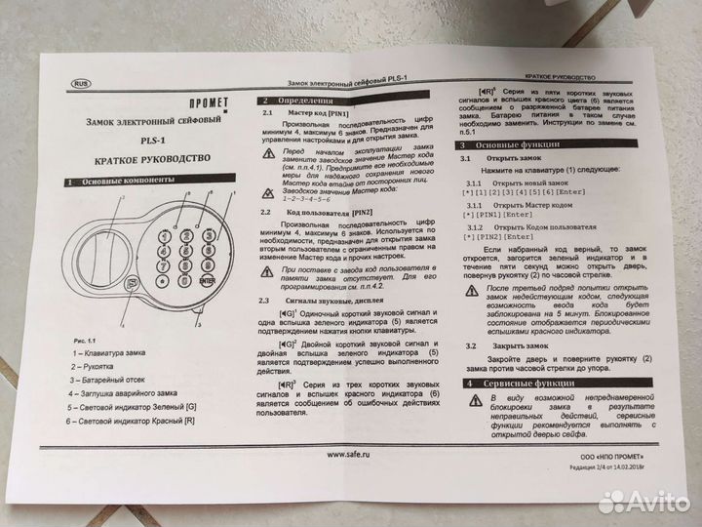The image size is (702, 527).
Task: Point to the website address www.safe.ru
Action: pos(353,453)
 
